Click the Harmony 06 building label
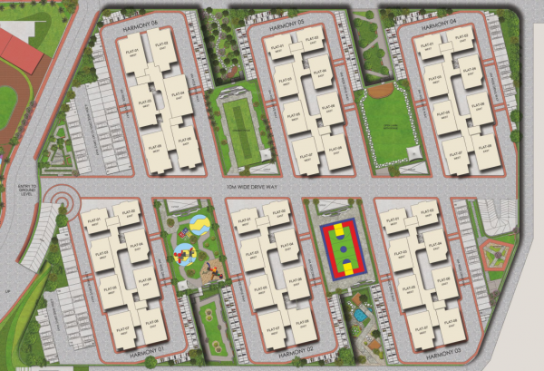pos(142,25)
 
